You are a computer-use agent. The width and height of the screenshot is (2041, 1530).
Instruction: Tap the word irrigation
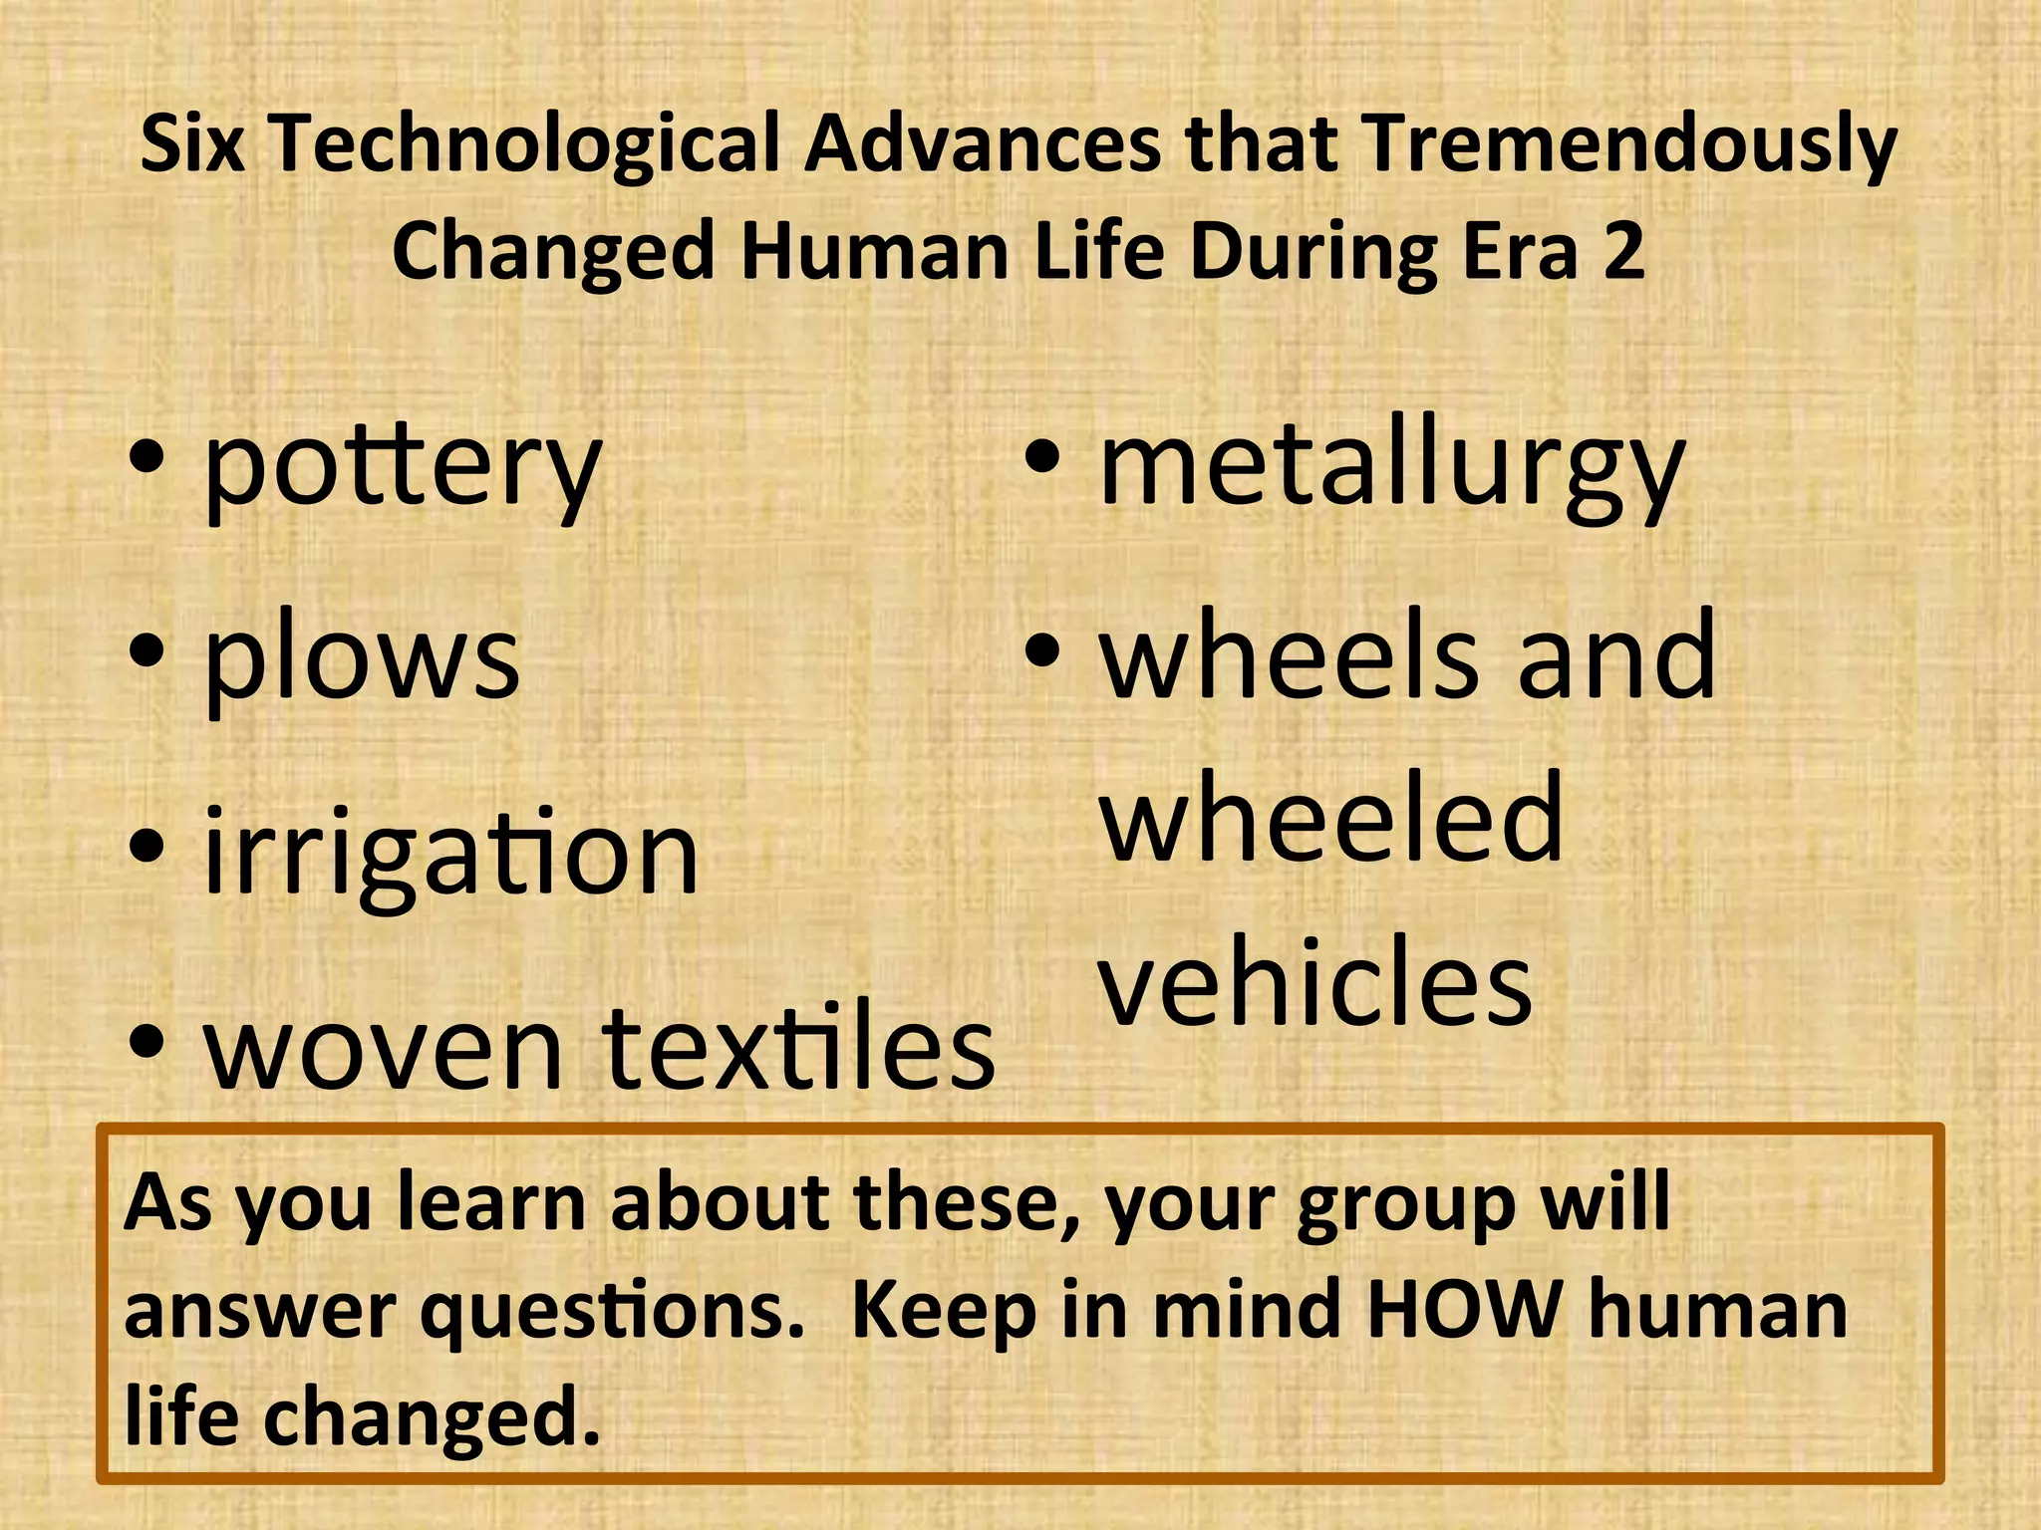(x=450, y=853)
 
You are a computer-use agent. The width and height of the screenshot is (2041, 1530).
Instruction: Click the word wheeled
(x=1330, y=819)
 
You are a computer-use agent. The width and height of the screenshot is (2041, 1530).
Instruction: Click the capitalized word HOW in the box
(x=1465, y=1309)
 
